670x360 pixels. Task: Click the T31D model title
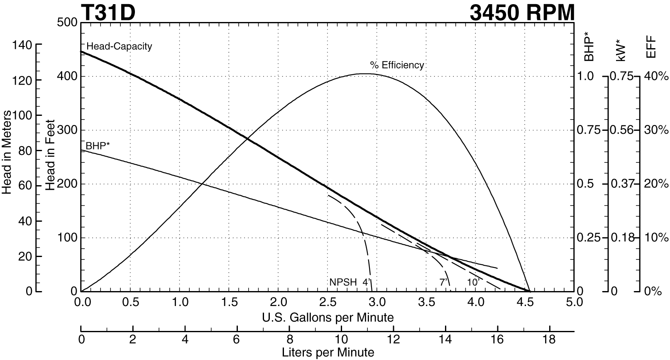click(108, 12)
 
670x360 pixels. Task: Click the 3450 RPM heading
click(522, 12)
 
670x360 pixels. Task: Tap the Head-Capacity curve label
click(119, 46)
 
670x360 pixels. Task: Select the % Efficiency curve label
click(397, 65)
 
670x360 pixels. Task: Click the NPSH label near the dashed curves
click(343, 282)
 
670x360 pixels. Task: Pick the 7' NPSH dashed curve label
click(443, 282)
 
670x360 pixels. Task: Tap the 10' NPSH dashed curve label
click(473, 282)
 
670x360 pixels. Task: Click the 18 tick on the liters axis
click(549, 339)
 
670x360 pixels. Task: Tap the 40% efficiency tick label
click(656, 76)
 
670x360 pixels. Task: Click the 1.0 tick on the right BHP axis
click(586, 76)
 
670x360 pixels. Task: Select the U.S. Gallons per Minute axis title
click(328, 318)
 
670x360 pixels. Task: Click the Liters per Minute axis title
click(328, 353)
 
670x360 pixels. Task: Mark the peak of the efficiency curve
click(364, 74)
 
